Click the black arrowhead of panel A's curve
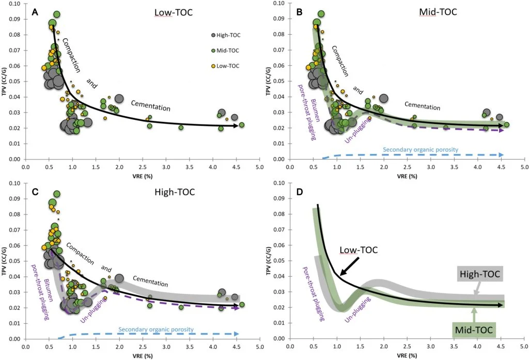pos(236,126)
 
